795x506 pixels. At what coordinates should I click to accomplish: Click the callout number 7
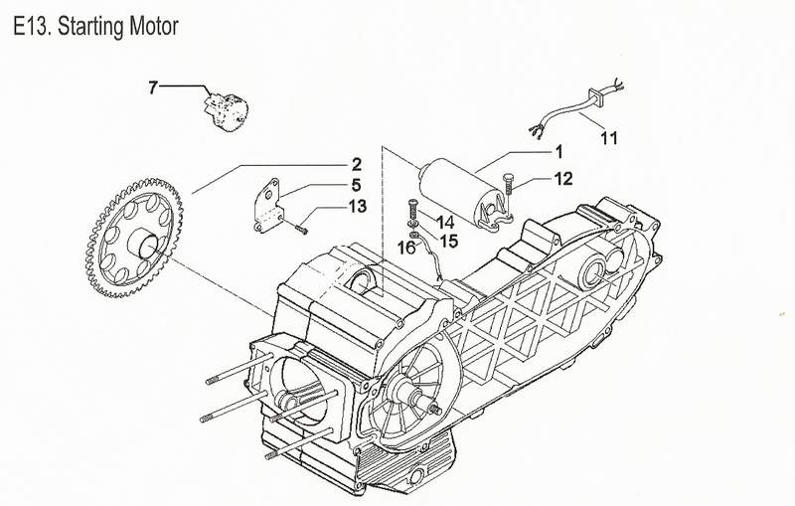click(153, 88)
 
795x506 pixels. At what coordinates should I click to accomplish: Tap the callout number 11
click(609, 136)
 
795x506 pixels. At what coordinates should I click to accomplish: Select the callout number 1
click(558, 152)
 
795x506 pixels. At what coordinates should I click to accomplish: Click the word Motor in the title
click(151, 29)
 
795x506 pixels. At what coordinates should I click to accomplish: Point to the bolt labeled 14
click(408, 213)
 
